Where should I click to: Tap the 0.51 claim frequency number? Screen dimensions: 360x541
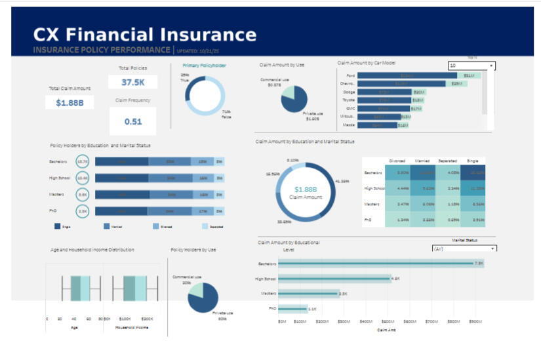point(133,121)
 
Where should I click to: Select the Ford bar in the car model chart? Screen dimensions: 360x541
point(407,76)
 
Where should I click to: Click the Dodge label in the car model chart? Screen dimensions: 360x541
point(349,92)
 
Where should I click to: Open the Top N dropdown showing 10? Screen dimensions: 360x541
point(471,66)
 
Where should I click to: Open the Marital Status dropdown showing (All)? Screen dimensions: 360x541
point(464,249)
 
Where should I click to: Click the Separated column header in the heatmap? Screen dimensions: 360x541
point(447,160)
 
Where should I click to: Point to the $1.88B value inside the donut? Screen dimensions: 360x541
point(306,190)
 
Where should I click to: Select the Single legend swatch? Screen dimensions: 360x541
point(58,226)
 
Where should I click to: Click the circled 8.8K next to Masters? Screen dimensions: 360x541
point(83,195)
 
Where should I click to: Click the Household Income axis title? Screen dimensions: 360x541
point(132,327)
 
